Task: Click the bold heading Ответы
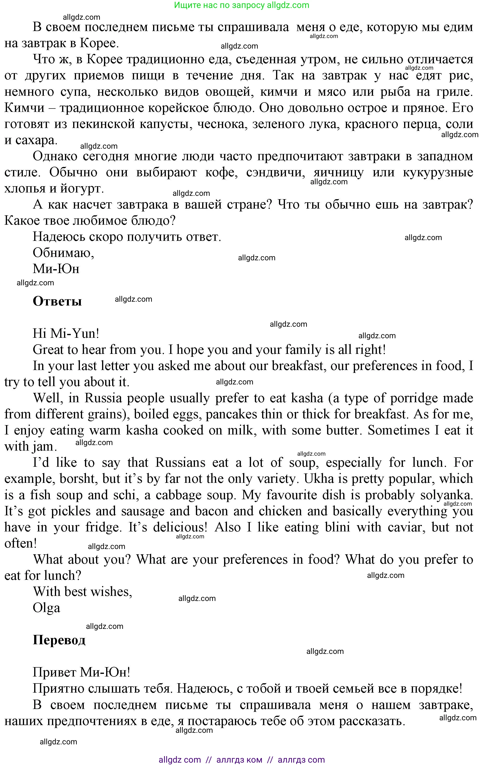[x=57, y=301]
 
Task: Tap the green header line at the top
[x=242, y=5]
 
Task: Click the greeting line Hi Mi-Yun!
[x=66, y=333]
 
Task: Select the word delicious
[x=180, y=527]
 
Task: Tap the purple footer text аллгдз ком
[x=239, y=760]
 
